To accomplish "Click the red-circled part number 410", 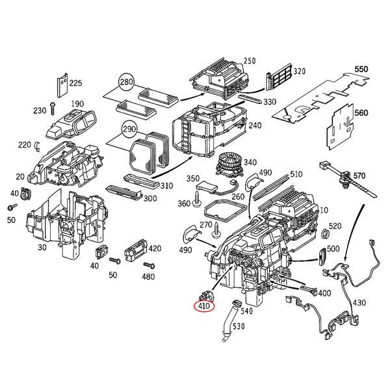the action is (204, 306).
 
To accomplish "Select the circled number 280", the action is (126, 82).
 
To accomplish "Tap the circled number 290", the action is (129, 129).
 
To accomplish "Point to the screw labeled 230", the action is (53, 109).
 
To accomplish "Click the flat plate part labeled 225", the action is (62, 85).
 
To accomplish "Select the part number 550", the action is (361, 69).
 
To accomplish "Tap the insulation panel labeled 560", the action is (340, 127).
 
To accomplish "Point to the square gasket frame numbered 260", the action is (224, 211).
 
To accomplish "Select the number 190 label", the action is (77, 103).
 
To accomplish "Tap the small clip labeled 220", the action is (38, 146).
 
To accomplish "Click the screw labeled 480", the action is (149, 266).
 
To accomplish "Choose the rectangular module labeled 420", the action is (136, 250).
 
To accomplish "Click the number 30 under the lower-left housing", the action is (42, 248).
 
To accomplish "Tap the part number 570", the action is (359, 176).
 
